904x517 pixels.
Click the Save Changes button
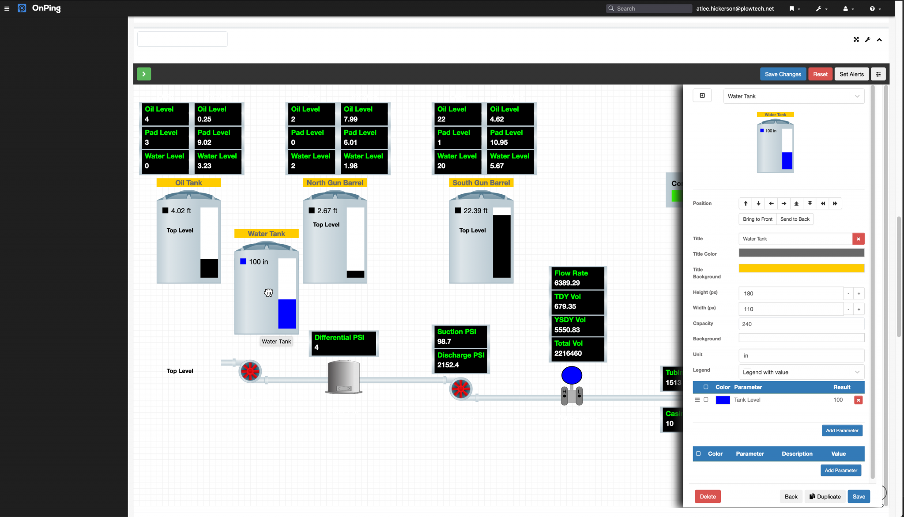pos(783,74)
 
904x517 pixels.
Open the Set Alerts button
pos(851,74)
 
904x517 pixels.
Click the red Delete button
pos(708,497)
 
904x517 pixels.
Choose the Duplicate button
pos(825,497)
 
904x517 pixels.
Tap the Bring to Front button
pos(757,219)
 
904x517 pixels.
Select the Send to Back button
pos(795,219)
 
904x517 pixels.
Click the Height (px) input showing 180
pos(790,294)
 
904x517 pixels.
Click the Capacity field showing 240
pos(801,324)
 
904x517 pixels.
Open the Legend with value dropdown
pos(801,372)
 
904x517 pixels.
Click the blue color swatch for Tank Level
pos(723,400)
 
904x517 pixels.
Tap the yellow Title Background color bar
pos(801,268)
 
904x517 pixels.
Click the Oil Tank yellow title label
pos(188,183)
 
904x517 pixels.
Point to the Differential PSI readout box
pos(344,343)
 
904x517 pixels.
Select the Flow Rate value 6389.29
pos(567,283)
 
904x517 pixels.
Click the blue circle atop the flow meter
pos(572,375)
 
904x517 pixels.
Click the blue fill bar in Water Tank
pos(287,314)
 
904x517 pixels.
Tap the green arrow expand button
pos(144,74)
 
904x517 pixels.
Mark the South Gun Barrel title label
pos(481,183)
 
